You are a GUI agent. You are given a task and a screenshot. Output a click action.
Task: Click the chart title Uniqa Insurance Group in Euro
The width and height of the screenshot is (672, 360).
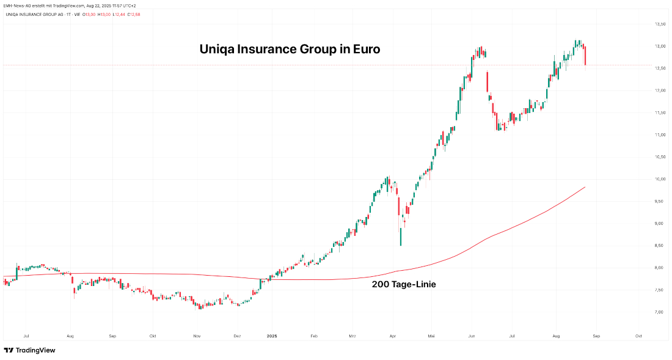[x=290, y=50]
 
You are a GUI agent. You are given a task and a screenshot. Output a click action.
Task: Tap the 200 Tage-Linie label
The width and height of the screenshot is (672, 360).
[x=404, y=284]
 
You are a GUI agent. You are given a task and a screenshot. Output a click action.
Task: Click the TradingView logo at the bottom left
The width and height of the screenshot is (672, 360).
[x=29, y=350]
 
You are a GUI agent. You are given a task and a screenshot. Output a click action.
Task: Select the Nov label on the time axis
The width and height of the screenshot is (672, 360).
[x=197, y=336]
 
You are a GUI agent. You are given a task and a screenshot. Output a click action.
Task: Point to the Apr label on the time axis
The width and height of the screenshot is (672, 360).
[x=393, y=336]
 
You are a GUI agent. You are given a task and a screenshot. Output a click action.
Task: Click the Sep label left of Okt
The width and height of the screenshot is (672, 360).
[x=112, y=336]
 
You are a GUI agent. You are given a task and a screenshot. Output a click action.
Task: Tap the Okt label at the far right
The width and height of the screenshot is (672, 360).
[x=638, y=336]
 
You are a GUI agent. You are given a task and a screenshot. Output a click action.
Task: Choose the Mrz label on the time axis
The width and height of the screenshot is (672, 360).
[x=352, y=336]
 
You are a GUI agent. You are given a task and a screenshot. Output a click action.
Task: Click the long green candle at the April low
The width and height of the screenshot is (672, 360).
[x=401, y=237]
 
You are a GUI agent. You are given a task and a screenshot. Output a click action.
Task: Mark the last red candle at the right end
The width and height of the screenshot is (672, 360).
[x=585, y=56]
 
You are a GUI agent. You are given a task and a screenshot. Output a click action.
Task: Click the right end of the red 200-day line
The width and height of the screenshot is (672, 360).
[x=585, y=187]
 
